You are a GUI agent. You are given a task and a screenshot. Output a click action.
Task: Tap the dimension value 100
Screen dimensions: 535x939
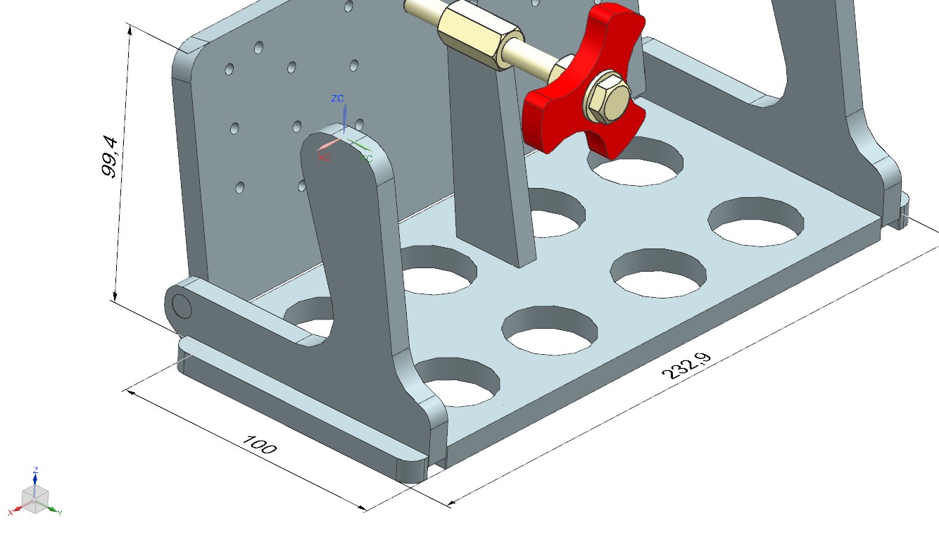coord(260,445)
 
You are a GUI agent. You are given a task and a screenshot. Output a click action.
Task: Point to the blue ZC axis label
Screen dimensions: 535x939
coord(337,99)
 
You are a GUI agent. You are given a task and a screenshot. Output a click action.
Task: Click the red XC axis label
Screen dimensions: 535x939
coord(324,158)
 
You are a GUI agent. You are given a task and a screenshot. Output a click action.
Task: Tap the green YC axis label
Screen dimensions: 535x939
coord(367,158)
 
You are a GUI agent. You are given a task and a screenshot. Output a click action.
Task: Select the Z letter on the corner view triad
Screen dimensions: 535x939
coord(35,470)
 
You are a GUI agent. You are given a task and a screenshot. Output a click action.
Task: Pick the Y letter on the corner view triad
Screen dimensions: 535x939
coord(60,513)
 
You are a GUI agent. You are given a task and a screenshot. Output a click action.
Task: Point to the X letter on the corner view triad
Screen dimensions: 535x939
coord(10,513)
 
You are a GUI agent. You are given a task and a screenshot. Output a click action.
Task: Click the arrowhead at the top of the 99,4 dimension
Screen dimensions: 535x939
coord(130,28)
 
